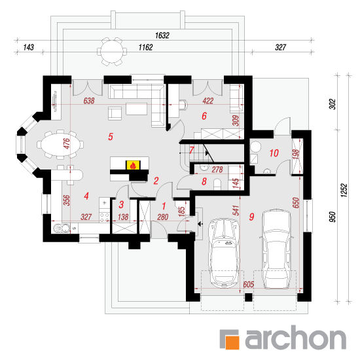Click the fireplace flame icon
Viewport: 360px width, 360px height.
click(x=133, y=166)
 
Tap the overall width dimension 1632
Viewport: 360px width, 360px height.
click(x=162, y=35)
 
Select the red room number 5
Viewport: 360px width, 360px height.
click(x=111, y=137)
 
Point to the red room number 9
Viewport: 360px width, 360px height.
click(x=251, y=217)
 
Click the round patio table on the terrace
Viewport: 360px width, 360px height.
click(x=112, y=52)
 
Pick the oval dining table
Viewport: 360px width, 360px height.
click(x=60, y=145)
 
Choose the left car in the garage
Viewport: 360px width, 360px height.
click(x=225, y=253)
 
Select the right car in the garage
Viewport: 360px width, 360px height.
click(x=277, y=249)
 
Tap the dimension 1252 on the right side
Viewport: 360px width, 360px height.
click(x=344, y=190)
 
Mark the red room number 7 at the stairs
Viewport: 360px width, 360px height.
click(x=192, y=151)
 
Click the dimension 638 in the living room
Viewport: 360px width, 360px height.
click(x=89, y=101)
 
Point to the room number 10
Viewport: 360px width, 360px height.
click(x=274, y=153)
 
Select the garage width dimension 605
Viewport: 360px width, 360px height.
click(x=249, y=285)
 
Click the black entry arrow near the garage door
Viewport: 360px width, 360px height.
click(x=200, y=224)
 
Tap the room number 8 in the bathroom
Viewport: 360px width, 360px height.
click(x=204, y=181)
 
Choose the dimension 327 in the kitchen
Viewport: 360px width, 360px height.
click(x=86, y=217)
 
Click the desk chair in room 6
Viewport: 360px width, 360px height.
click(x=183, y=105)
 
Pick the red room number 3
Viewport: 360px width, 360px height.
click(x=122, y=204)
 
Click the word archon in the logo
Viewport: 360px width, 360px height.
click(x=296, y=337)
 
